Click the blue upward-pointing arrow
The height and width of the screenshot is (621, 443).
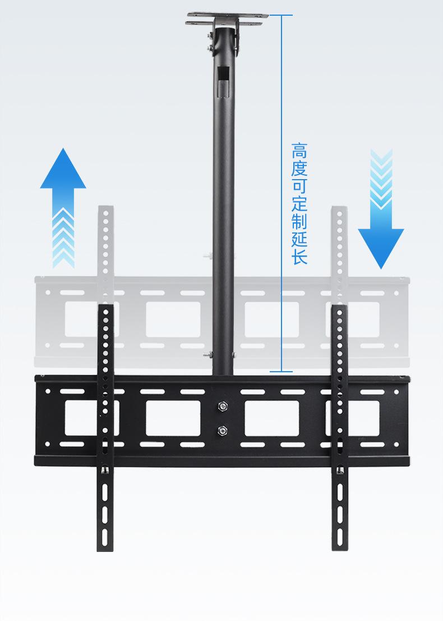[63, 208]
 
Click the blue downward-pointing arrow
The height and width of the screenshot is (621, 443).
[381, 209]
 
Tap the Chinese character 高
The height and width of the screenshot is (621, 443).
[299, 151]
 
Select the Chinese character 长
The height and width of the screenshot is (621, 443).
[299, 256]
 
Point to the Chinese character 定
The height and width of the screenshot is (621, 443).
[299, 204]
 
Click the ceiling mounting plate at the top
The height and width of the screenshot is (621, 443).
[227, 19]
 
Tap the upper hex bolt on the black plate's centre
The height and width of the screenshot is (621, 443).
[222, 406]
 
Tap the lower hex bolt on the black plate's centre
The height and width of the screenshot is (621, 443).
[222, 430]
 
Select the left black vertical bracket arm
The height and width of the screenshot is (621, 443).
[105, 428]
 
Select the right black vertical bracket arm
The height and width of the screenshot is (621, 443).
[340, 428]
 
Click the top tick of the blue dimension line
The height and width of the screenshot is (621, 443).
[282, 15]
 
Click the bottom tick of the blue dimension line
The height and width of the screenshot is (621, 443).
[282, 372]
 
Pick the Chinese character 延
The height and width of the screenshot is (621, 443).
[299, 239]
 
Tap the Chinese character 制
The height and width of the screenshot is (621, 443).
[299, 221]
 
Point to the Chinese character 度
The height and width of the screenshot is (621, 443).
[299, 168]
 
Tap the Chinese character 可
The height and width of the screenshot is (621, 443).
[299, 186]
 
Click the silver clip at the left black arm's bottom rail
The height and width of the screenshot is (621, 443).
[105, 471]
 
